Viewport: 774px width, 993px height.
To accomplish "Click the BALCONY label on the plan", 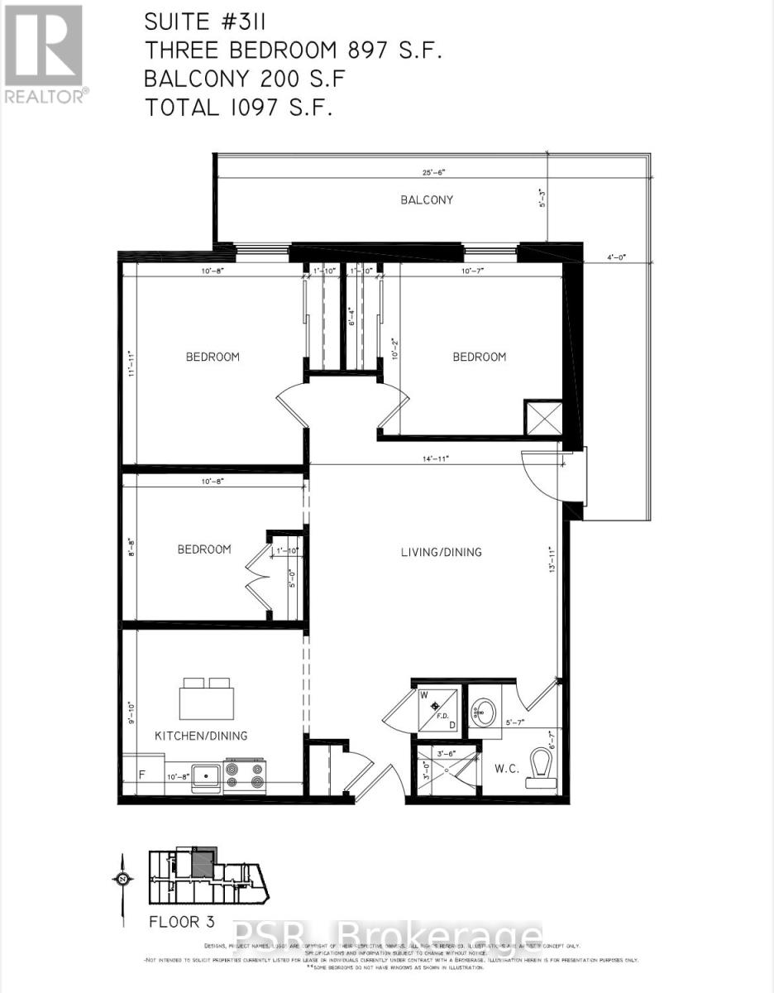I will coord(427,199).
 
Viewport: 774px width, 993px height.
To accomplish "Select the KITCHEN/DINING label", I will coord(201,735).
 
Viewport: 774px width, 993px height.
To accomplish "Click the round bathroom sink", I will coord(485,711).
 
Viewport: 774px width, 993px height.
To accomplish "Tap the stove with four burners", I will coord(245,775).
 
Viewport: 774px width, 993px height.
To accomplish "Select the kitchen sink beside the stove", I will coord(206,776).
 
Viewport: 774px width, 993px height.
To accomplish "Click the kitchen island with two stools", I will coord(207,700).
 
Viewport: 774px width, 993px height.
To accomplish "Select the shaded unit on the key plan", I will coord(203,865).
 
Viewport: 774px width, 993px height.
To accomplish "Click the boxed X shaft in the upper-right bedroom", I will coord(544,417).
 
